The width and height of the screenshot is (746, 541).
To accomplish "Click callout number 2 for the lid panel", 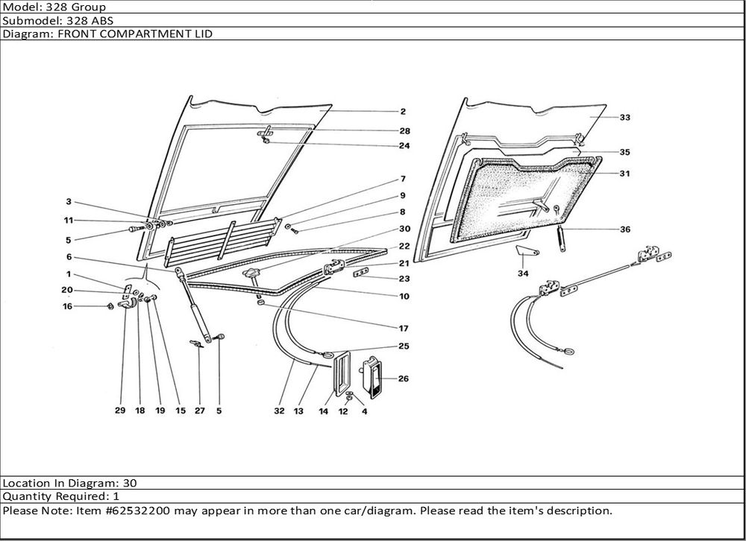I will [402, 112].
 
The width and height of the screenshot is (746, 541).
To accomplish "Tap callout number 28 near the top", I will [404, 131].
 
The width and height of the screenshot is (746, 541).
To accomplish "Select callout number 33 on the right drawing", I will [624, 118].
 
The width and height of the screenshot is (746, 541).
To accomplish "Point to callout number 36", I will [624, 230].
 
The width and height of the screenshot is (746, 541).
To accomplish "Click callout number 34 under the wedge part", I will [524, 274].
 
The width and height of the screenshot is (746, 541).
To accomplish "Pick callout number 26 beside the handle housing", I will [403, 379].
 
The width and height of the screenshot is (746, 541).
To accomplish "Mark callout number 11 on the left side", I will [68, 221].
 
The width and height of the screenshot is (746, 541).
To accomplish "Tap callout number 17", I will [404, 328].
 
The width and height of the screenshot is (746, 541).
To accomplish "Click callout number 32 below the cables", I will [278, 410].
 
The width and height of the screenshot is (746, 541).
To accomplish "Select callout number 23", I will [404, 279].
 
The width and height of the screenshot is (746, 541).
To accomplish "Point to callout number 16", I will [68, 306].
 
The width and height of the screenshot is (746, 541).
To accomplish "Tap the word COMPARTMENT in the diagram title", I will [131, 34].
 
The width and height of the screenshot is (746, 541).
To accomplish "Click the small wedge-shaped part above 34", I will [528, 251].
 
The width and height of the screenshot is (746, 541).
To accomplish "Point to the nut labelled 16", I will [110, 306].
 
